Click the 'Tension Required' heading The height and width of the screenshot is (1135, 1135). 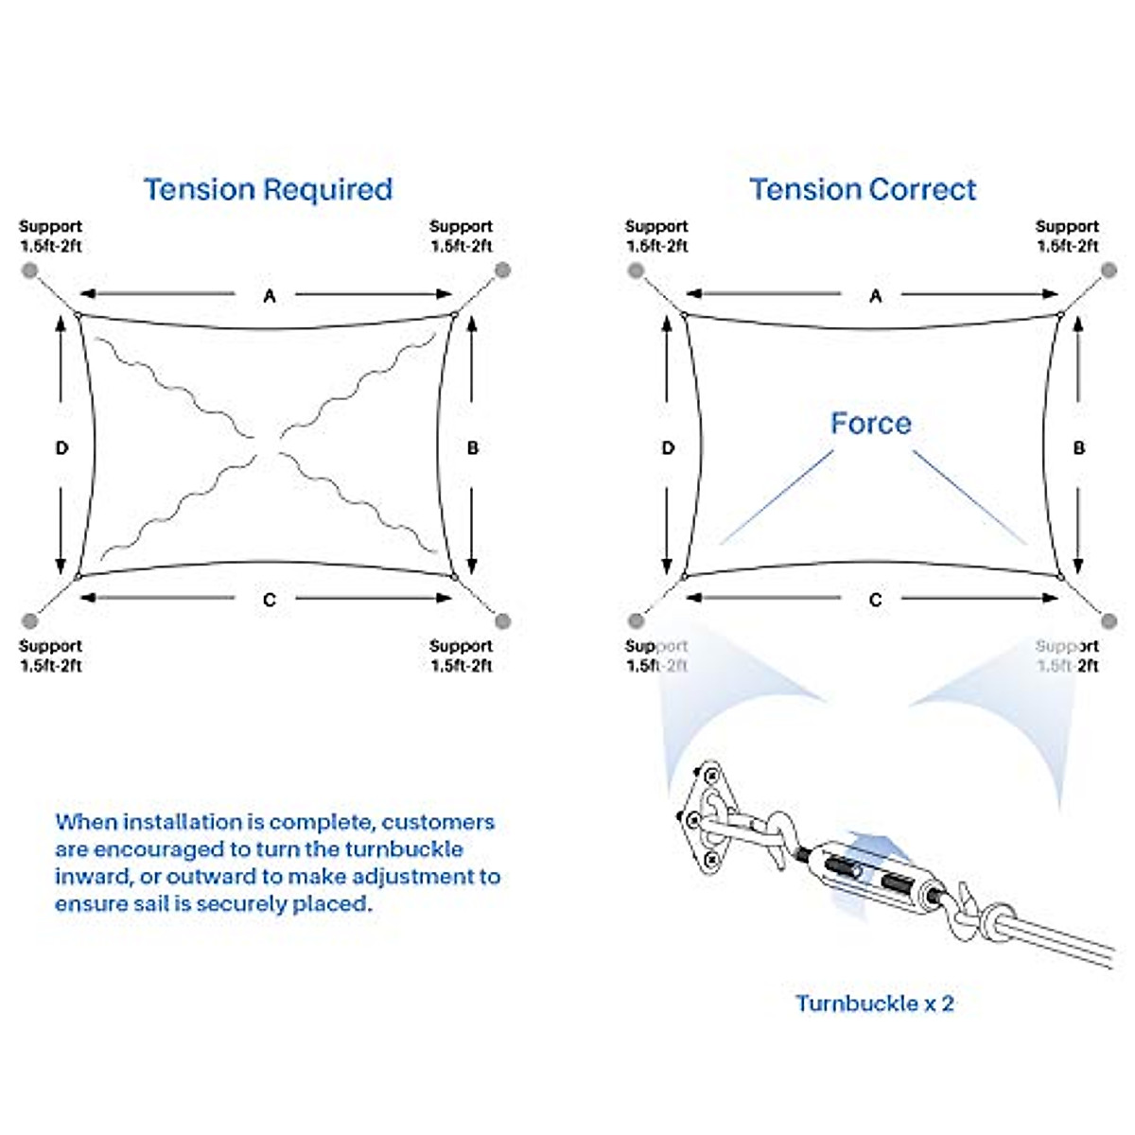[268, 189]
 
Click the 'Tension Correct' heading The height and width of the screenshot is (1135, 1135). [863, 189]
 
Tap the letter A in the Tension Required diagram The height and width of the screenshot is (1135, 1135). [270, 296]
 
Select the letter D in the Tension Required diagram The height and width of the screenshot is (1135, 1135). [62, 447]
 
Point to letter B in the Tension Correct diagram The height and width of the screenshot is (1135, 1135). [1079, 447]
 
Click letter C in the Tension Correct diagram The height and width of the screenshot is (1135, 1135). [876, 600]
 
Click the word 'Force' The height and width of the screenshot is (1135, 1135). [870, 423]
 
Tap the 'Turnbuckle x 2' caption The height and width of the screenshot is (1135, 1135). [874, 1004]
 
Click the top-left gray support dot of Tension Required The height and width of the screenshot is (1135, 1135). [30, 271]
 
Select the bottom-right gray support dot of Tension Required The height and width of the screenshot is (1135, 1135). [502, 621]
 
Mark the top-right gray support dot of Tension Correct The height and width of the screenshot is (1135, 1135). [1109, 271]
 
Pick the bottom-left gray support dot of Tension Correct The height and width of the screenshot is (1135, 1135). [636, 621]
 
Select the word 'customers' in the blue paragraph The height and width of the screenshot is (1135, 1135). [438, 822]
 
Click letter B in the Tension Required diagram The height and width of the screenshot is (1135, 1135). [473, 447]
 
